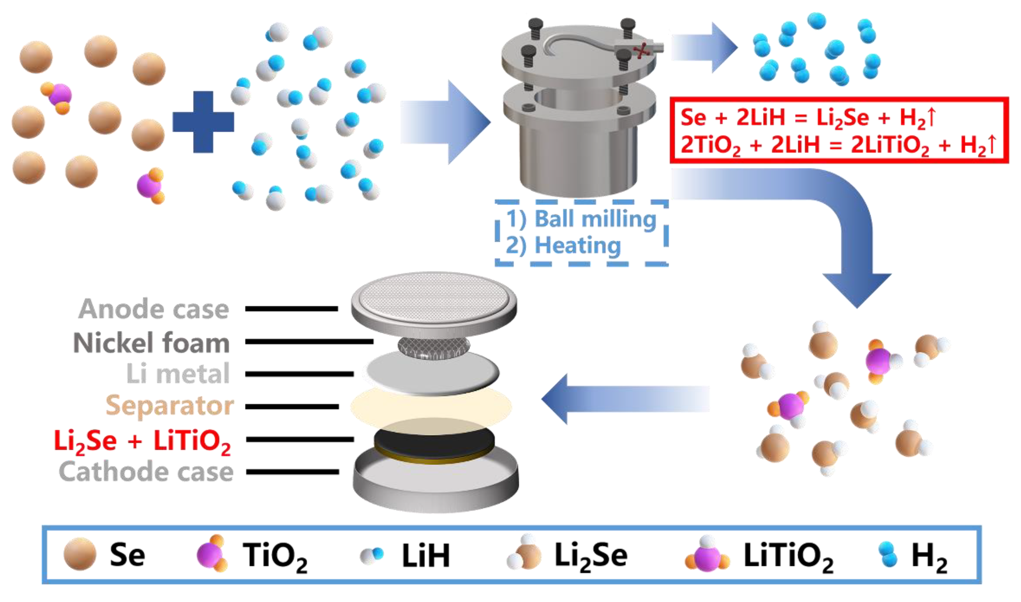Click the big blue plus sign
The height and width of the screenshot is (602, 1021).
pos(203,122)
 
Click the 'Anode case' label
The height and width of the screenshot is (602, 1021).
pos(154,309)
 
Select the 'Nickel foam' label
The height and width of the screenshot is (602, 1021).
pos(152,343)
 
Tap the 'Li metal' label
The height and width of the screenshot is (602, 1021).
pos(178,374)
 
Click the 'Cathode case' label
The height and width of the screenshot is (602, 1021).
pos(146,472)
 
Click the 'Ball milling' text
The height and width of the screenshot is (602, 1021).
pos(595,219)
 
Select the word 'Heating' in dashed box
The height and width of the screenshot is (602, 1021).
pos(578,246)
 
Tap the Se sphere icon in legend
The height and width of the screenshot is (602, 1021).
pos(80,554)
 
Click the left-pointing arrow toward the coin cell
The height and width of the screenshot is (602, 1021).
pos(624,399)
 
